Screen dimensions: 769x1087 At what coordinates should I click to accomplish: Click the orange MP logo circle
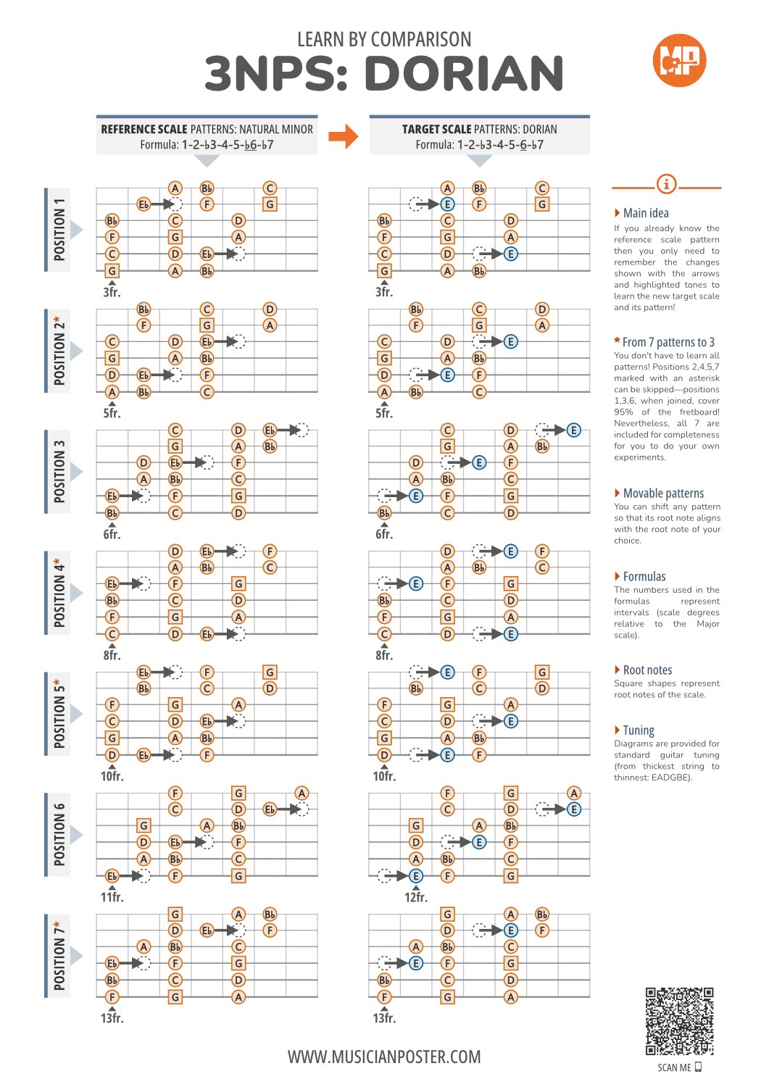tap(678, 60)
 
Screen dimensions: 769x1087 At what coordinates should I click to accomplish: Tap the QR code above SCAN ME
tap(679, 1021)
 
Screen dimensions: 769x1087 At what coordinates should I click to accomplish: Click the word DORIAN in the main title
tap(465, 73)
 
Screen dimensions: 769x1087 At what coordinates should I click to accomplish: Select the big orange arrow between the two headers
tap(344, 136)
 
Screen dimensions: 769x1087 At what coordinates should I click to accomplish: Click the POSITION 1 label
tap(59, 229)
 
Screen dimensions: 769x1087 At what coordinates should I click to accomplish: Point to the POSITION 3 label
tap(59, 471)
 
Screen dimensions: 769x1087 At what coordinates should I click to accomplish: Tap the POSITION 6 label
tap(59, 835)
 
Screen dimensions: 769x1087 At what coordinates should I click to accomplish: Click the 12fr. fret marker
tap(415, 897)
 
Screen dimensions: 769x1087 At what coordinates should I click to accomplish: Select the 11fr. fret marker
tap(112, 897)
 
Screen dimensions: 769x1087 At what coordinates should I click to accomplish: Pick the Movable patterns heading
tap(663, 493)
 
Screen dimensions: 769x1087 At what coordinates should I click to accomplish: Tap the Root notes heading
tap(648, 670)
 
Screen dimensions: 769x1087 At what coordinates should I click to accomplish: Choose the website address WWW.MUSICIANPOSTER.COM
tap(384, 1057)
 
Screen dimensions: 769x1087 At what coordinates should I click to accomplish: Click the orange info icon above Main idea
tap(666, 184)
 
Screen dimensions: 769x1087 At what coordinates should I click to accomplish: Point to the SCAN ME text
tap(674, 1067)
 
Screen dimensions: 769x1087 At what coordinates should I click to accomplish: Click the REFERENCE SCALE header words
tap(144, 129)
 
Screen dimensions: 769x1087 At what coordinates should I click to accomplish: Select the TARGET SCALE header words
tap(436, 129)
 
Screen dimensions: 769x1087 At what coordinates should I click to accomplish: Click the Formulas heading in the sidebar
tap(644, 577)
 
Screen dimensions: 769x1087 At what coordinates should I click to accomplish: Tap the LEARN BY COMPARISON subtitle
tap(384, 39)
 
